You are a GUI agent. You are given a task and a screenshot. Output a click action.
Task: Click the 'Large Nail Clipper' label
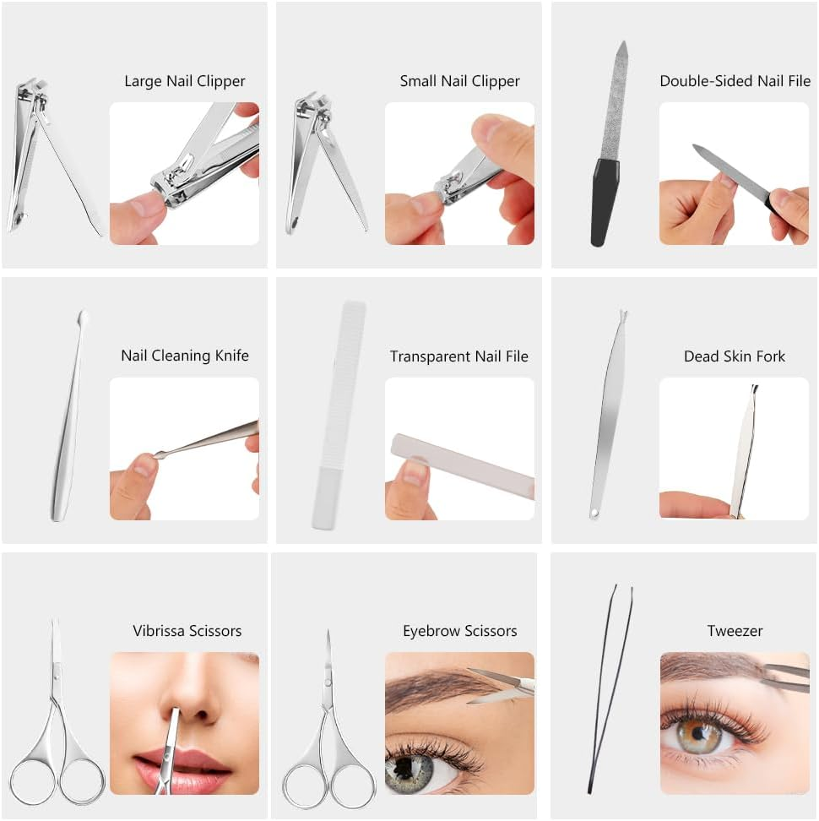185,82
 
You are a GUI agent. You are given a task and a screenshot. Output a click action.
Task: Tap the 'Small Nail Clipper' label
459,82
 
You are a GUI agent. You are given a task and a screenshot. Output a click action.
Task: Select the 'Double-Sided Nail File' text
735,81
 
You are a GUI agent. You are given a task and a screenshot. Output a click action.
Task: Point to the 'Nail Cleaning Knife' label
185,356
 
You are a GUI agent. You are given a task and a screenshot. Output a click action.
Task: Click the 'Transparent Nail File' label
459,356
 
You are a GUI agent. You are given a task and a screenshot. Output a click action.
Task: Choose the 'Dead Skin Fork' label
735,356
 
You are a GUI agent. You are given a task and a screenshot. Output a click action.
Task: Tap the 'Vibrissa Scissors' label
187,631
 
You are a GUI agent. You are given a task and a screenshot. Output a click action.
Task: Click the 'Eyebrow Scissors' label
459,632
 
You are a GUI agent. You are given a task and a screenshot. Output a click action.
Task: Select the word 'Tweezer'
735,631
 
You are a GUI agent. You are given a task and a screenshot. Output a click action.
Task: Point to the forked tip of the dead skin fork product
623,315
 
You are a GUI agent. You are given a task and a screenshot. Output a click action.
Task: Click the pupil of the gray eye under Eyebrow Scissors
404,767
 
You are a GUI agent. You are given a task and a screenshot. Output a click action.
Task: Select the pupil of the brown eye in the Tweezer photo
698,733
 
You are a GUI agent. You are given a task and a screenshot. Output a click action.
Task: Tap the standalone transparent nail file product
338,415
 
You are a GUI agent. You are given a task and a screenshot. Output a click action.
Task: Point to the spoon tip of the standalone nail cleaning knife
82,317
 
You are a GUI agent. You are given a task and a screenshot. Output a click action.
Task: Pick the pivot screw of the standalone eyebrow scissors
328,682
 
